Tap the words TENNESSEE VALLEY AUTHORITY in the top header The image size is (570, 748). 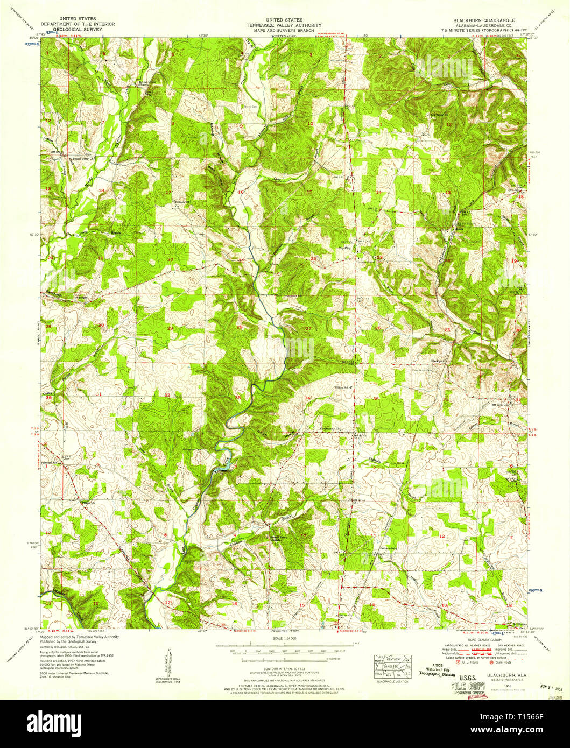click(284, 25)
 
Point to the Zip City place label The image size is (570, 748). click(344, 248)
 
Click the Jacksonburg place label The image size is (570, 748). click(388, 549)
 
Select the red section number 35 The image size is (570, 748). click(376, 399)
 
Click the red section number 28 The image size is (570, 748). click(240, 327)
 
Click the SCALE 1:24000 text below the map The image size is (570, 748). click(285, 638)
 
